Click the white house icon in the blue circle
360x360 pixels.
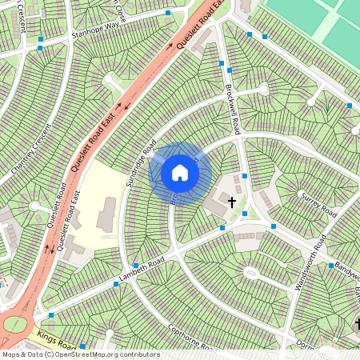[x=180, y=173]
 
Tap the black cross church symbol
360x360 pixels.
[x=233, y=202]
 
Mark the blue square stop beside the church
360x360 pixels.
[x=245, y=176]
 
